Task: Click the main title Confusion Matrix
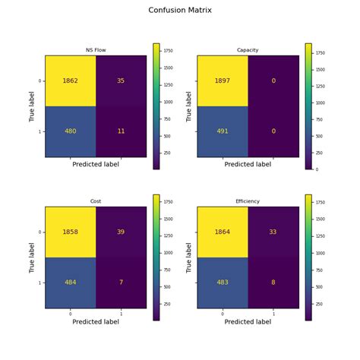(180, 11)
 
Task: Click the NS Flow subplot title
(96, 50)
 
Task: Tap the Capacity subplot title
(248, 50)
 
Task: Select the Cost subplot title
(96, 201)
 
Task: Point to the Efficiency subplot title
(248, 201)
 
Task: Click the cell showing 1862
(71, 80)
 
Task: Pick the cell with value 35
(121, 80)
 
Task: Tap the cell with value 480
(71, 131)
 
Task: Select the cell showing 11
(121, 131)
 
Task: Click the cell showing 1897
(223, 80)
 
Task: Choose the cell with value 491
(223, 131)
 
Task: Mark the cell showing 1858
(71, 232)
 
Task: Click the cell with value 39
(121, 232)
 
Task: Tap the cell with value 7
(121, 283)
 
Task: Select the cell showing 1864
(223, 232)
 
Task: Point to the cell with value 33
(273, 232)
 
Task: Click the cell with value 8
(273, 283)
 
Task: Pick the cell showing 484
(71, 283)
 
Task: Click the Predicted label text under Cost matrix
(96, 321)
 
